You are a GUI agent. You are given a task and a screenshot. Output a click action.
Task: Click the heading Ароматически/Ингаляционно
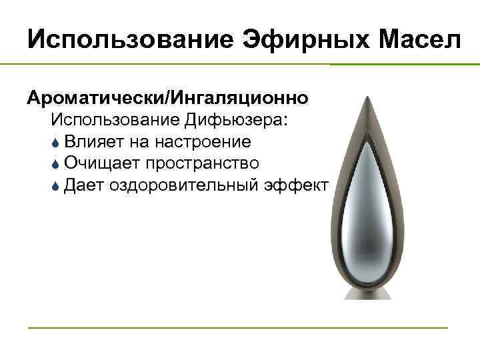[x=167, y=98]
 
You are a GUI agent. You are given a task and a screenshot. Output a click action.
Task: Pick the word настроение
[x=203, y=142]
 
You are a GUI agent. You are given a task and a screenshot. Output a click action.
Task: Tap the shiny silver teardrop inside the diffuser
[x=366, y=220]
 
